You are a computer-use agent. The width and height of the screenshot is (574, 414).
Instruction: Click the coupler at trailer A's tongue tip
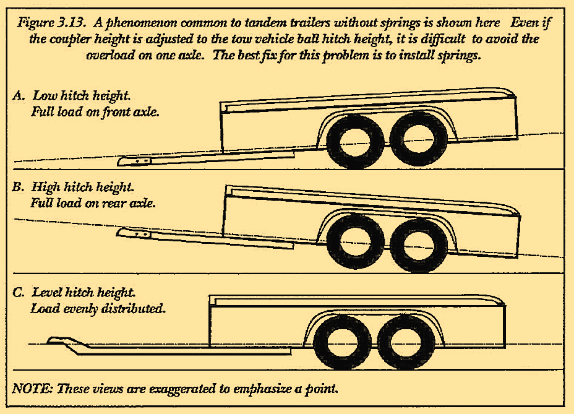(135, 162)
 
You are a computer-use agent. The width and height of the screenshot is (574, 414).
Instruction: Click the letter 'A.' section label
(19, 97)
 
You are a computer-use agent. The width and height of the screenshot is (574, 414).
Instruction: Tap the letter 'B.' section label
(19, 187)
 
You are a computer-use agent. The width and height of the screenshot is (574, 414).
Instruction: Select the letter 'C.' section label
(19, 291)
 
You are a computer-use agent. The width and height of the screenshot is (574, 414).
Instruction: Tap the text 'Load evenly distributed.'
(98, 308)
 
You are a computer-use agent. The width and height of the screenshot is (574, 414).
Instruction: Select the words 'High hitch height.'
(82, 187)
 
